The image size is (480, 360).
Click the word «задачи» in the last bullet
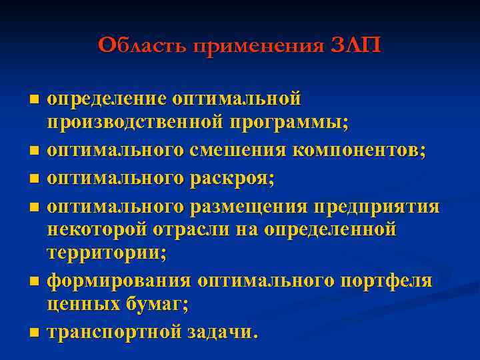[222, 331]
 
